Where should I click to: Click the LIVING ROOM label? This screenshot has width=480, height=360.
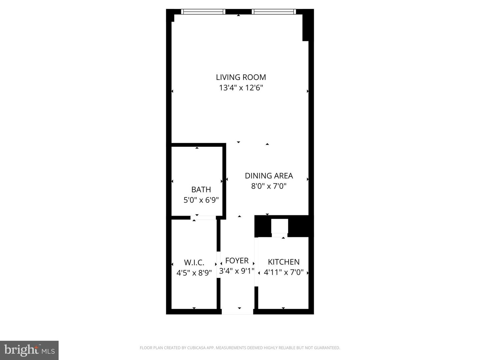click(x=241, y=77)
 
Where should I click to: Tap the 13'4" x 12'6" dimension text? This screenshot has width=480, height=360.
click(x=241, y=88)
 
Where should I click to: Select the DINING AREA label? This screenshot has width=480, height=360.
click(x=269, y=176)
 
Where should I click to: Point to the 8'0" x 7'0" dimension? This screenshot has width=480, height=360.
click(x=269, y=186)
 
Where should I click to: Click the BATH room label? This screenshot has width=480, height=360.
click(x=201, y=190)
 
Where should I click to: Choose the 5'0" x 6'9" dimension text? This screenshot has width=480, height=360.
click(x=201, y=200)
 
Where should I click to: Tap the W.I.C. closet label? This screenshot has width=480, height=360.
click(x=194, y=262)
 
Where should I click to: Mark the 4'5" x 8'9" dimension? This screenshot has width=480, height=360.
click(x=194, y=273)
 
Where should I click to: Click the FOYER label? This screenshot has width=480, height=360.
click(x=237, y=261)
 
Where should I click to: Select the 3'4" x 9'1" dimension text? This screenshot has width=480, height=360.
click(x=237, y=271)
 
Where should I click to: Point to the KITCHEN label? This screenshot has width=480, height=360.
click(x=284, y=262)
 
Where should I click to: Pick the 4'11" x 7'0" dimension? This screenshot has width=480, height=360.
click(x=284, y=273)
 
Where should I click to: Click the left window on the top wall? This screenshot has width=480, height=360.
click(x=203, y=12)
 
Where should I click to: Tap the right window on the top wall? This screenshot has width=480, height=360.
click(x=274, y=12)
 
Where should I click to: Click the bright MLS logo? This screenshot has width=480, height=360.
click(x=29, y=350)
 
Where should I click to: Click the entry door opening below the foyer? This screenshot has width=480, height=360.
click(x=237, y=312)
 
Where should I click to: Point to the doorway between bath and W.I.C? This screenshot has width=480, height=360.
click(x=203, y=218)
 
